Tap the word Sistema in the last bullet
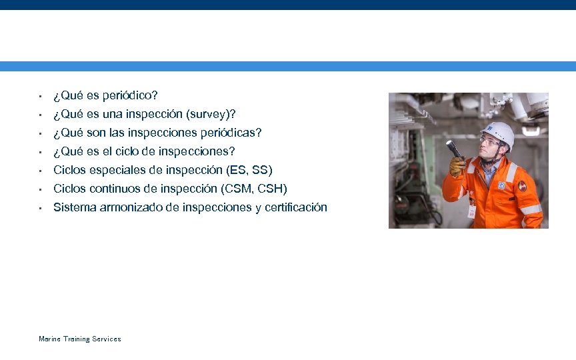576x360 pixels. point(75,207)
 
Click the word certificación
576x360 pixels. point(295,207)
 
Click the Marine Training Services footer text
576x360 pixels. point(80,339)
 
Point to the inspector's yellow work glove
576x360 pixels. point(457,166)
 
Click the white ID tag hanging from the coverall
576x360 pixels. point(472,211)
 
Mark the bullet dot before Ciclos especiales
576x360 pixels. point(41,170)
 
